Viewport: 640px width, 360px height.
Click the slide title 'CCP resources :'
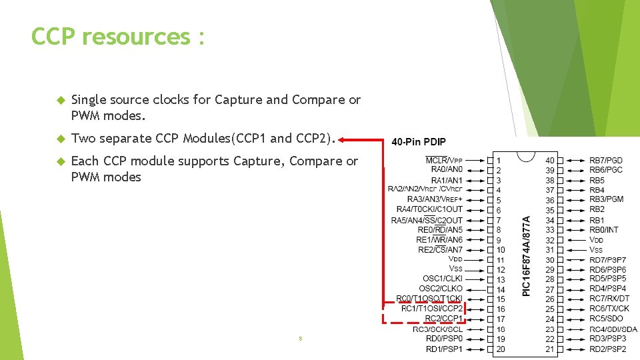coord(117,37)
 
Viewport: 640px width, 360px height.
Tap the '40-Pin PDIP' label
coord(419,142)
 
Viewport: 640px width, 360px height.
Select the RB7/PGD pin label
coord(606,160)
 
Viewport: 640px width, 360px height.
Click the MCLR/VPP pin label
coord(444,160)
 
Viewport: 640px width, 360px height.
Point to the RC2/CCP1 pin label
coord(443,319)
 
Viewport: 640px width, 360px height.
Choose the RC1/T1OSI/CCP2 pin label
coord(431,309)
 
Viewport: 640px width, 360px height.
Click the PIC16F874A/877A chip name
coord(527,255)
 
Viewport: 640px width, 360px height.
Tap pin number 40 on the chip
coord(550,160)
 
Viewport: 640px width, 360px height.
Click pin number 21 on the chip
coord(550,349)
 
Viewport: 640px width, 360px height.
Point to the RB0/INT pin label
coord(604,229)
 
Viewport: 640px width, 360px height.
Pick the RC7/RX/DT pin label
coord(609,299)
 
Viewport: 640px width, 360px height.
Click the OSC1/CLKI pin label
coord(442,279)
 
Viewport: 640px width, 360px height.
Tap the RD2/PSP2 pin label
coord(608,349)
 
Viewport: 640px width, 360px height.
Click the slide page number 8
coord(301,339)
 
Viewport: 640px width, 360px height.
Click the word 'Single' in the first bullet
coord(89,100)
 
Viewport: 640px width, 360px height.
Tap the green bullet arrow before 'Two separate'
coord(59,139)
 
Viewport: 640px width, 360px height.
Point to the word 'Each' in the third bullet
coord(85,161)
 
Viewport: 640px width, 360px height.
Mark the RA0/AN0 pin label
coord(447,170)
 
